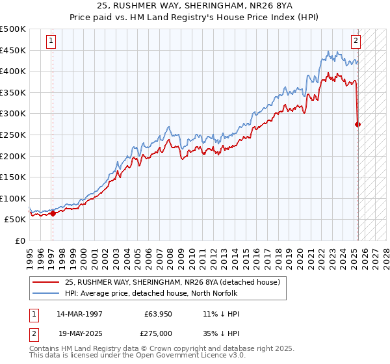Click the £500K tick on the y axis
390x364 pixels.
[x=13, y=29]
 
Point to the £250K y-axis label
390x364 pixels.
[x=13, y=135]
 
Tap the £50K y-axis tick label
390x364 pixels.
[x=16, y=220]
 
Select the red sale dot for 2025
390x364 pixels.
[x=358, y=124]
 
